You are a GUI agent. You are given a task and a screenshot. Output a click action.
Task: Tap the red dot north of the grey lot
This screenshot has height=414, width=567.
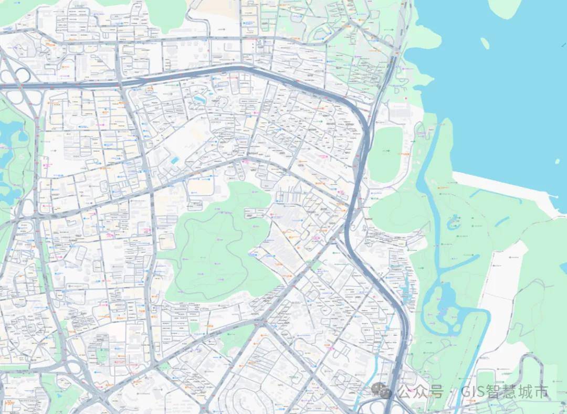click(x=407, y=98)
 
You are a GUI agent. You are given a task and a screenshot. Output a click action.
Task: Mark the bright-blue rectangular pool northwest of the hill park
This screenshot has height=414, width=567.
click(x=175, y=160)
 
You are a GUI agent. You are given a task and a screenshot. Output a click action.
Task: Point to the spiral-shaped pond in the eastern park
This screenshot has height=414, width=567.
click(x=453, y=225)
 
